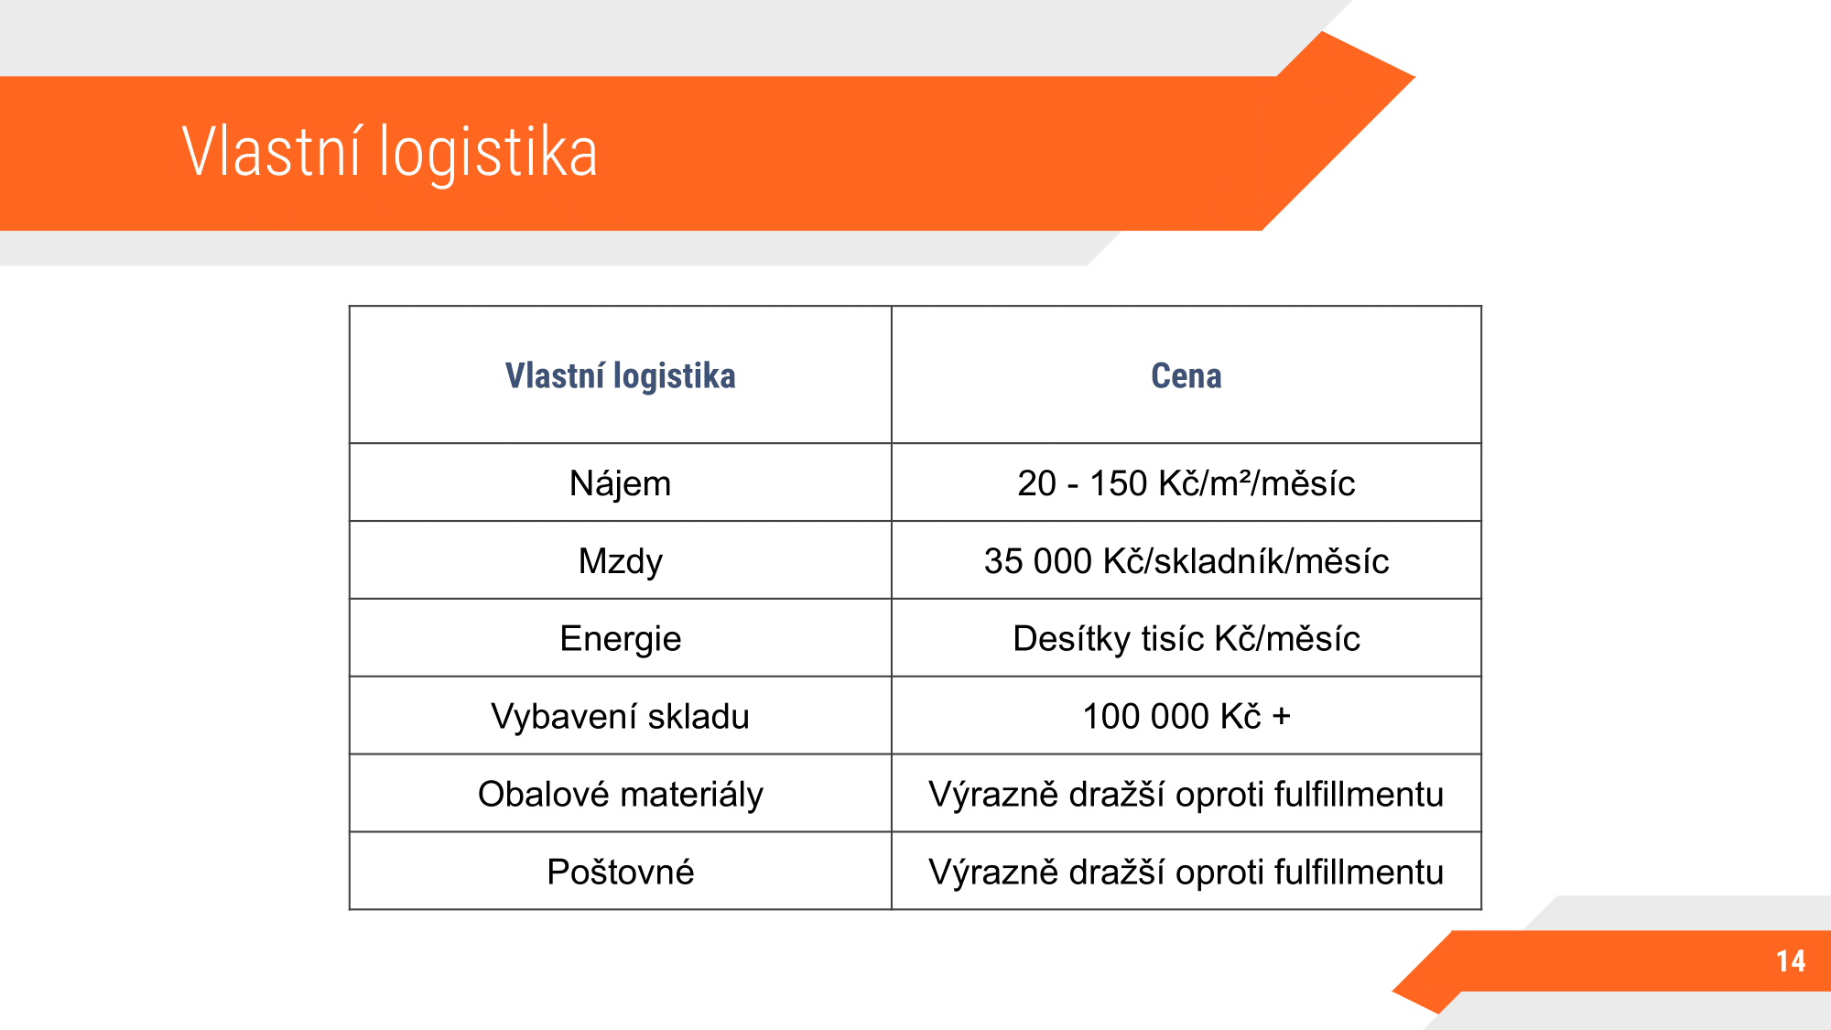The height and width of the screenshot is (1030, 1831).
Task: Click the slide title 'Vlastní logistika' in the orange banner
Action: click(390, 152)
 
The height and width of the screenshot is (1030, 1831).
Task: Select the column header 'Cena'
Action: click(1186, 375)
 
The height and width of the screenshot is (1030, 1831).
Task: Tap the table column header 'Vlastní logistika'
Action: click(620, 376)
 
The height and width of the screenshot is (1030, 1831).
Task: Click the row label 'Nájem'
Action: click(620, 482)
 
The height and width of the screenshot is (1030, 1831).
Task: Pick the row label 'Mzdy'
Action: click(620, 561)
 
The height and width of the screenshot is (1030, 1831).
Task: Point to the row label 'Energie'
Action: click(620, 639)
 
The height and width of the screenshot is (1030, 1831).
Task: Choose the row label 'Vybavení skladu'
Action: click(620, 716)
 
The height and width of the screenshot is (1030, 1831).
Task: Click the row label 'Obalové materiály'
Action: click(620, 794)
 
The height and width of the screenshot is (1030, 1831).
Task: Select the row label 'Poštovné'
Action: click(620, 872)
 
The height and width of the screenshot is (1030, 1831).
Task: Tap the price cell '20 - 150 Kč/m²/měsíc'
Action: click(1186, 482)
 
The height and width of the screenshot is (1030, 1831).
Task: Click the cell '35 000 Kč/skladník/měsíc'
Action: click(1186, 560)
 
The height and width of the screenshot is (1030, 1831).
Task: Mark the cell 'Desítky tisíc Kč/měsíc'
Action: click(1186, 638)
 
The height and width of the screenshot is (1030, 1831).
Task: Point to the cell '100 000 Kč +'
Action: click(1186, 716)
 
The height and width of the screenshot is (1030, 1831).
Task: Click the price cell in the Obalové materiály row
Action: click(1186, 794)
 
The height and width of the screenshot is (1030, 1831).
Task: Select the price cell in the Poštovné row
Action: click(1186, 872)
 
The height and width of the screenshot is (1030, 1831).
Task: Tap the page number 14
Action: click(1791, 960)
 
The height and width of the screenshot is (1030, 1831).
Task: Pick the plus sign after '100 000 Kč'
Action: click(1282, 717)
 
